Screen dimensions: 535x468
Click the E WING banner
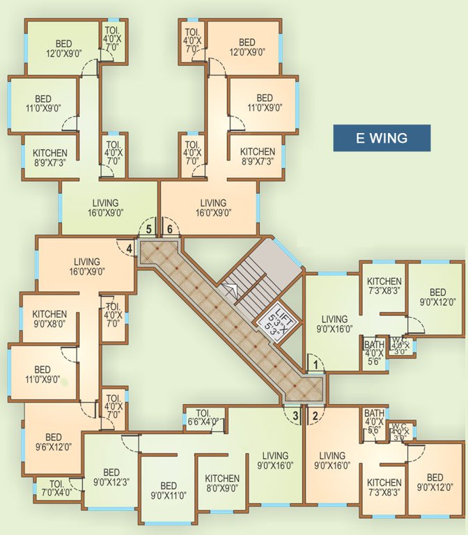pos(381,138)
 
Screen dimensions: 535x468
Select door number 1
pos(315,364)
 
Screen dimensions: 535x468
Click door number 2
pos(315,417)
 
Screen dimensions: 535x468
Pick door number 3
pos(295,417)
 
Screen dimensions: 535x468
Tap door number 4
pos(129,247)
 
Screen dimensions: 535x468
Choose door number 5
pos(148,228)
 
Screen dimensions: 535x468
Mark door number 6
pos(169,228)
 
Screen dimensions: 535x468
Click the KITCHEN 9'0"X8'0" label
pos(49,319)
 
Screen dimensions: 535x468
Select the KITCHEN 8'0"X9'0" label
pos(222,483)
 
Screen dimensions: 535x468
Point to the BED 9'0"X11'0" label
pos(168,490)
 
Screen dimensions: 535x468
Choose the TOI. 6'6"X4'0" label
pos(203,417)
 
